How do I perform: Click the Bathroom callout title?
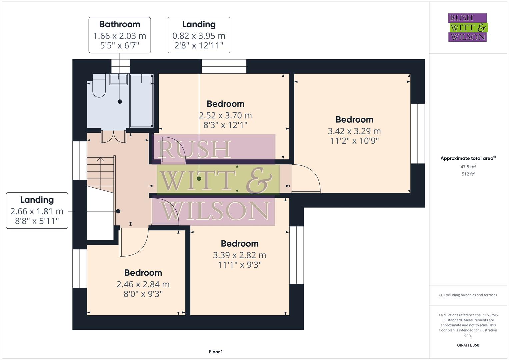point(119,24)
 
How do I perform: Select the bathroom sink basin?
point(118,79)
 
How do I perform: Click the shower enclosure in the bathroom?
point(141,100)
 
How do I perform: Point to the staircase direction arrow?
point(100,160)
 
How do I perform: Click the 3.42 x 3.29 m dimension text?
point(354,131)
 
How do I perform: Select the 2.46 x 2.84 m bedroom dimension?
point(143,284)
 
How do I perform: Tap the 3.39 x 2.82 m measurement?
point(239,255)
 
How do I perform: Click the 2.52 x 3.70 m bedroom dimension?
point(225,116)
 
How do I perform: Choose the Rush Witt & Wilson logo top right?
point(467,28)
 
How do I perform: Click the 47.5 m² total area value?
point(468,167)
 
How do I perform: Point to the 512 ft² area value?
point(468,174)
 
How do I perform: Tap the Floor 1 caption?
point(216,352)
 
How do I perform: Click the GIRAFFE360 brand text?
point(468,345)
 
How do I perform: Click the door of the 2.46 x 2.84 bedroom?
point(133,243)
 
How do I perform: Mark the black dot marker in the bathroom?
point(120,102)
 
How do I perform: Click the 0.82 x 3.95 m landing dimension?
point(199,36)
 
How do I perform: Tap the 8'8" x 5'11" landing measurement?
point(37,221)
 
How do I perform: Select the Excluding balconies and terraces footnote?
point(468,295)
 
